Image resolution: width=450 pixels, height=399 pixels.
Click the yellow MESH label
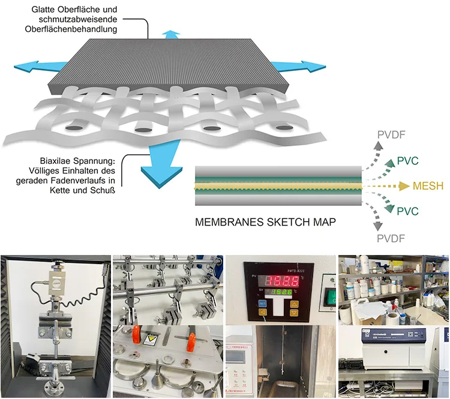coord(427,186)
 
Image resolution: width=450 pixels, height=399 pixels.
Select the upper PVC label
coord(407,161)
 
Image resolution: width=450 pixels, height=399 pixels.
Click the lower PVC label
coord(407,211)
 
